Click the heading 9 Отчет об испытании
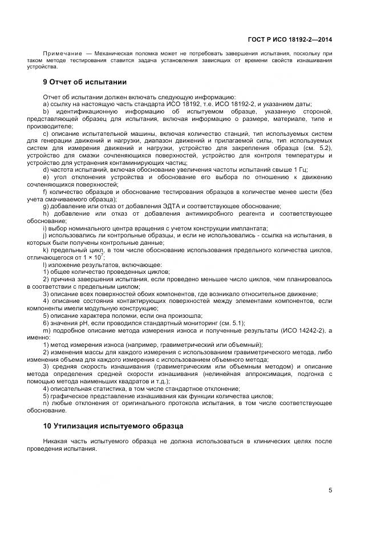[84, 82]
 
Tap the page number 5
[331, 489]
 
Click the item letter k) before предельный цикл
[46, 250]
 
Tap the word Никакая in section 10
[56, 441]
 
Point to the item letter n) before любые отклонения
[46, 403]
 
